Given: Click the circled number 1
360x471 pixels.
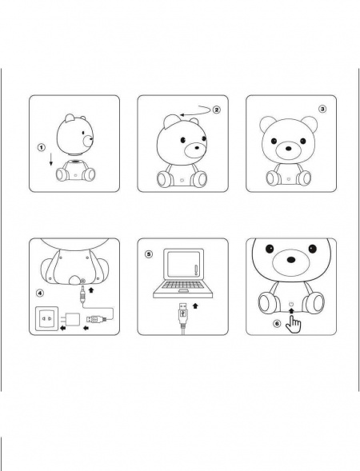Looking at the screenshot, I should [x=40, y=148].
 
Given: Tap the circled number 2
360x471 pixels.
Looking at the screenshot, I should [x=215, y=109].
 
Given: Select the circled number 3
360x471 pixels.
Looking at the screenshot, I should [x=322, y=108].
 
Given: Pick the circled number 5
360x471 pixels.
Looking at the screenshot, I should [x=148, y=254].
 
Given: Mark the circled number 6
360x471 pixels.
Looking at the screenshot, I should [x=277, y=323].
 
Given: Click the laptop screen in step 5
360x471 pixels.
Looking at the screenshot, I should [x=181, y=269].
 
